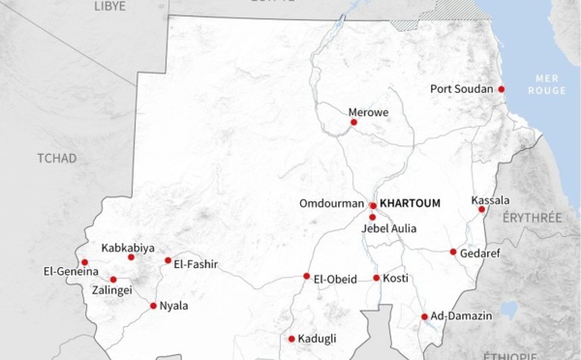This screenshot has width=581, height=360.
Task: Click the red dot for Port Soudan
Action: click(502, 89)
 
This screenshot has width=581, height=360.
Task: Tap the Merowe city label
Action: click(368, 112)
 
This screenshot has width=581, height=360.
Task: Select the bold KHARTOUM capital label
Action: click(411, 203)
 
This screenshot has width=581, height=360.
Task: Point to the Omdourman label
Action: click(332, 203)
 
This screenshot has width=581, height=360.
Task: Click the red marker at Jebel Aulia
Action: click(372, 217)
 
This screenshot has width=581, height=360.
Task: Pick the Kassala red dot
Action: click(481, 209)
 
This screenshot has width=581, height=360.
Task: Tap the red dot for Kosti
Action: click(377, 278)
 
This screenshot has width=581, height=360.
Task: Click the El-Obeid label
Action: click(335, 279)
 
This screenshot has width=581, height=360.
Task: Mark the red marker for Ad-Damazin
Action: click(424, 316)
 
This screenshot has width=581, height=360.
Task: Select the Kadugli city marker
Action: click(290, 339)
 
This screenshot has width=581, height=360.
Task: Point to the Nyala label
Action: click(174, 306)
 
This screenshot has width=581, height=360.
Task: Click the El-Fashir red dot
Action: click(168, 260)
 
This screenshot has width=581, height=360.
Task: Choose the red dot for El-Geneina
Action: click(84, 262)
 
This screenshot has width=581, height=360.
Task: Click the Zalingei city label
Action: click(113, 289)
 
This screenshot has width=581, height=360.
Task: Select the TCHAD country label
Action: click(56, 158)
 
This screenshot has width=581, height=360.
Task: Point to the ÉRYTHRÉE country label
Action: click(532, 219)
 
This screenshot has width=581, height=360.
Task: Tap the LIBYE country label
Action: click(109, 6)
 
